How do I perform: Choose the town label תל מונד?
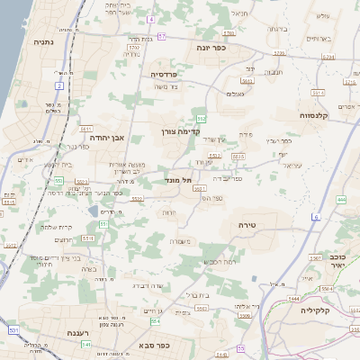pyautogui.click(x=181, y=179)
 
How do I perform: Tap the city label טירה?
pyautogui.click(x=249, y=224)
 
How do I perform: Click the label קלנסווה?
pyautogui.click(x=318, y=115)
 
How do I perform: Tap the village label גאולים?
pyautogui.click(x=237, y=94)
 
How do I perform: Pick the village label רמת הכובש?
pyautogui.click(x=222, y=260)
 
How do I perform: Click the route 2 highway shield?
pyautogui.click(x=60, y=86)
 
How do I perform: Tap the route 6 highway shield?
pyautogui.click(x=316, y=217)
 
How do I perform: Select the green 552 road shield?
pyautogui.click(x=202, y=118)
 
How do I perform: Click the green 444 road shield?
pyautogui.click(x=341, y=199)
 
